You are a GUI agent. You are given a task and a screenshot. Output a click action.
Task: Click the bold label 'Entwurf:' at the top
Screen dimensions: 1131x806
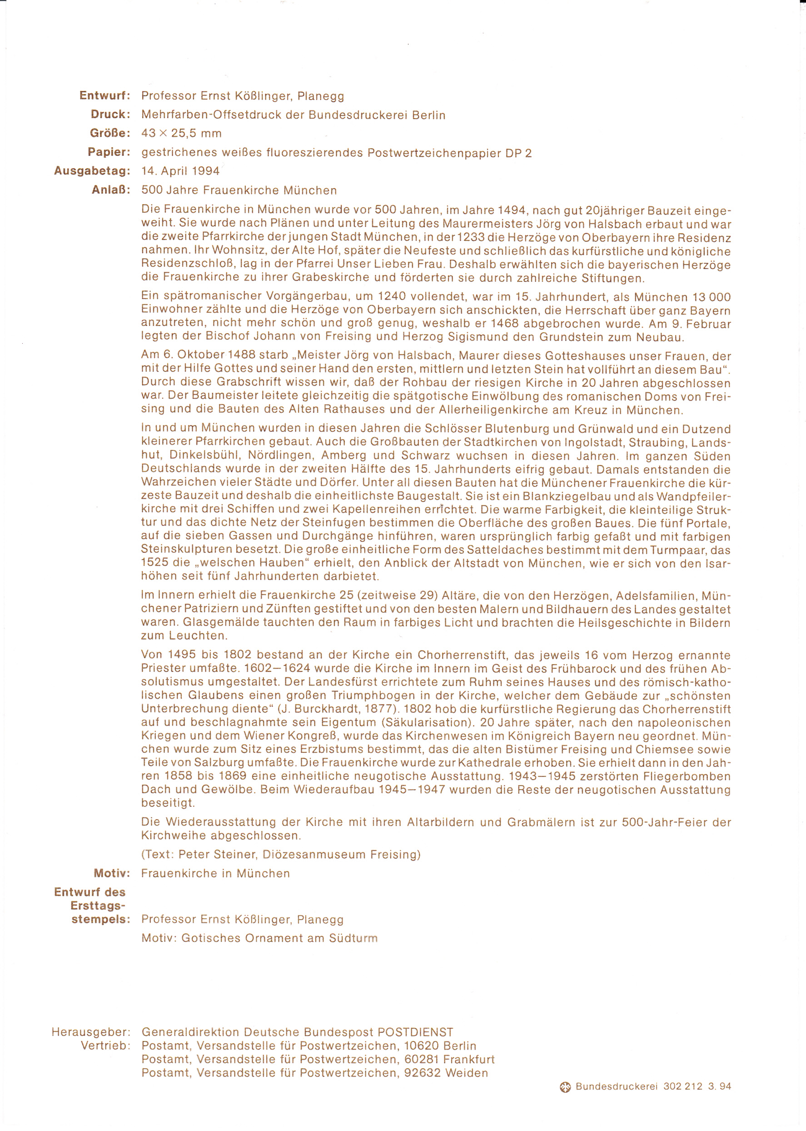click(104, 95)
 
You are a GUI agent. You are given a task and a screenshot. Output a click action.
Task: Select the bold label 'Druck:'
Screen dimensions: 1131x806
click(110, 114)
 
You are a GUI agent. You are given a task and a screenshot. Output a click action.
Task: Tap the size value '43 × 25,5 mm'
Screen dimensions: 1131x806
click(181, 133)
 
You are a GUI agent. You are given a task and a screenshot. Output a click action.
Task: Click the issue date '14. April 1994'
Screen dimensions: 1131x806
click(180, 171)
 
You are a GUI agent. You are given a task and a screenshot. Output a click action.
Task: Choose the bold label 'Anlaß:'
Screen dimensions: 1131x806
click(111, 190)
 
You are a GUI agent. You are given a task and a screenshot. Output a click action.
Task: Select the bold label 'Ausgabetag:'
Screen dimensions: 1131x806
click(92, 171)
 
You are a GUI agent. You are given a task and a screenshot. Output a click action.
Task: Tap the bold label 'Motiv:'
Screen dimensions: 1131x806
click(112, 873)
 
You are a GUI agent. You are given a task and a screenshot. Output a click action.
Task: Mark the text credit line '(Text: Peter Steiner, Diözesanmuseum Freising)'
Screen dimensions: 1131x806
click(280, 854)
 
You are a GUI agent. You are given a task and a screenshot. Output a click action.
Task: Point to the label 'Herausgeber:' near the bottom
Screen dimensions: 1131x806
click(91, 1032)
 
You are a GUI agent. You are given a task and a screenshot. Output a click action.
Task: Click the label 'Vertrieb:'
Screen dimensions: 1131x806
click(105, 1046)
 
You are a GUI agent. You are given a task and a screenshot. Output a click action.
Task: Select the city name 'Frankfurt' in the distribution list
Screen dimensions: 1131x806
click(468, 1059)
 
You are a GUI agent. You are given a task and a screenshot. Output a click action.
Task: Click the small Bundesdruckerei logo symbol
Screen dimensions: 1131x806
click(565, 1087)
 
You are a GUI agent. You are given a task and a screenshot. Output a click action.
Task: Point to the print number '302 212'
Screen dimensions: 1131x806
click(682, 1086)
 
